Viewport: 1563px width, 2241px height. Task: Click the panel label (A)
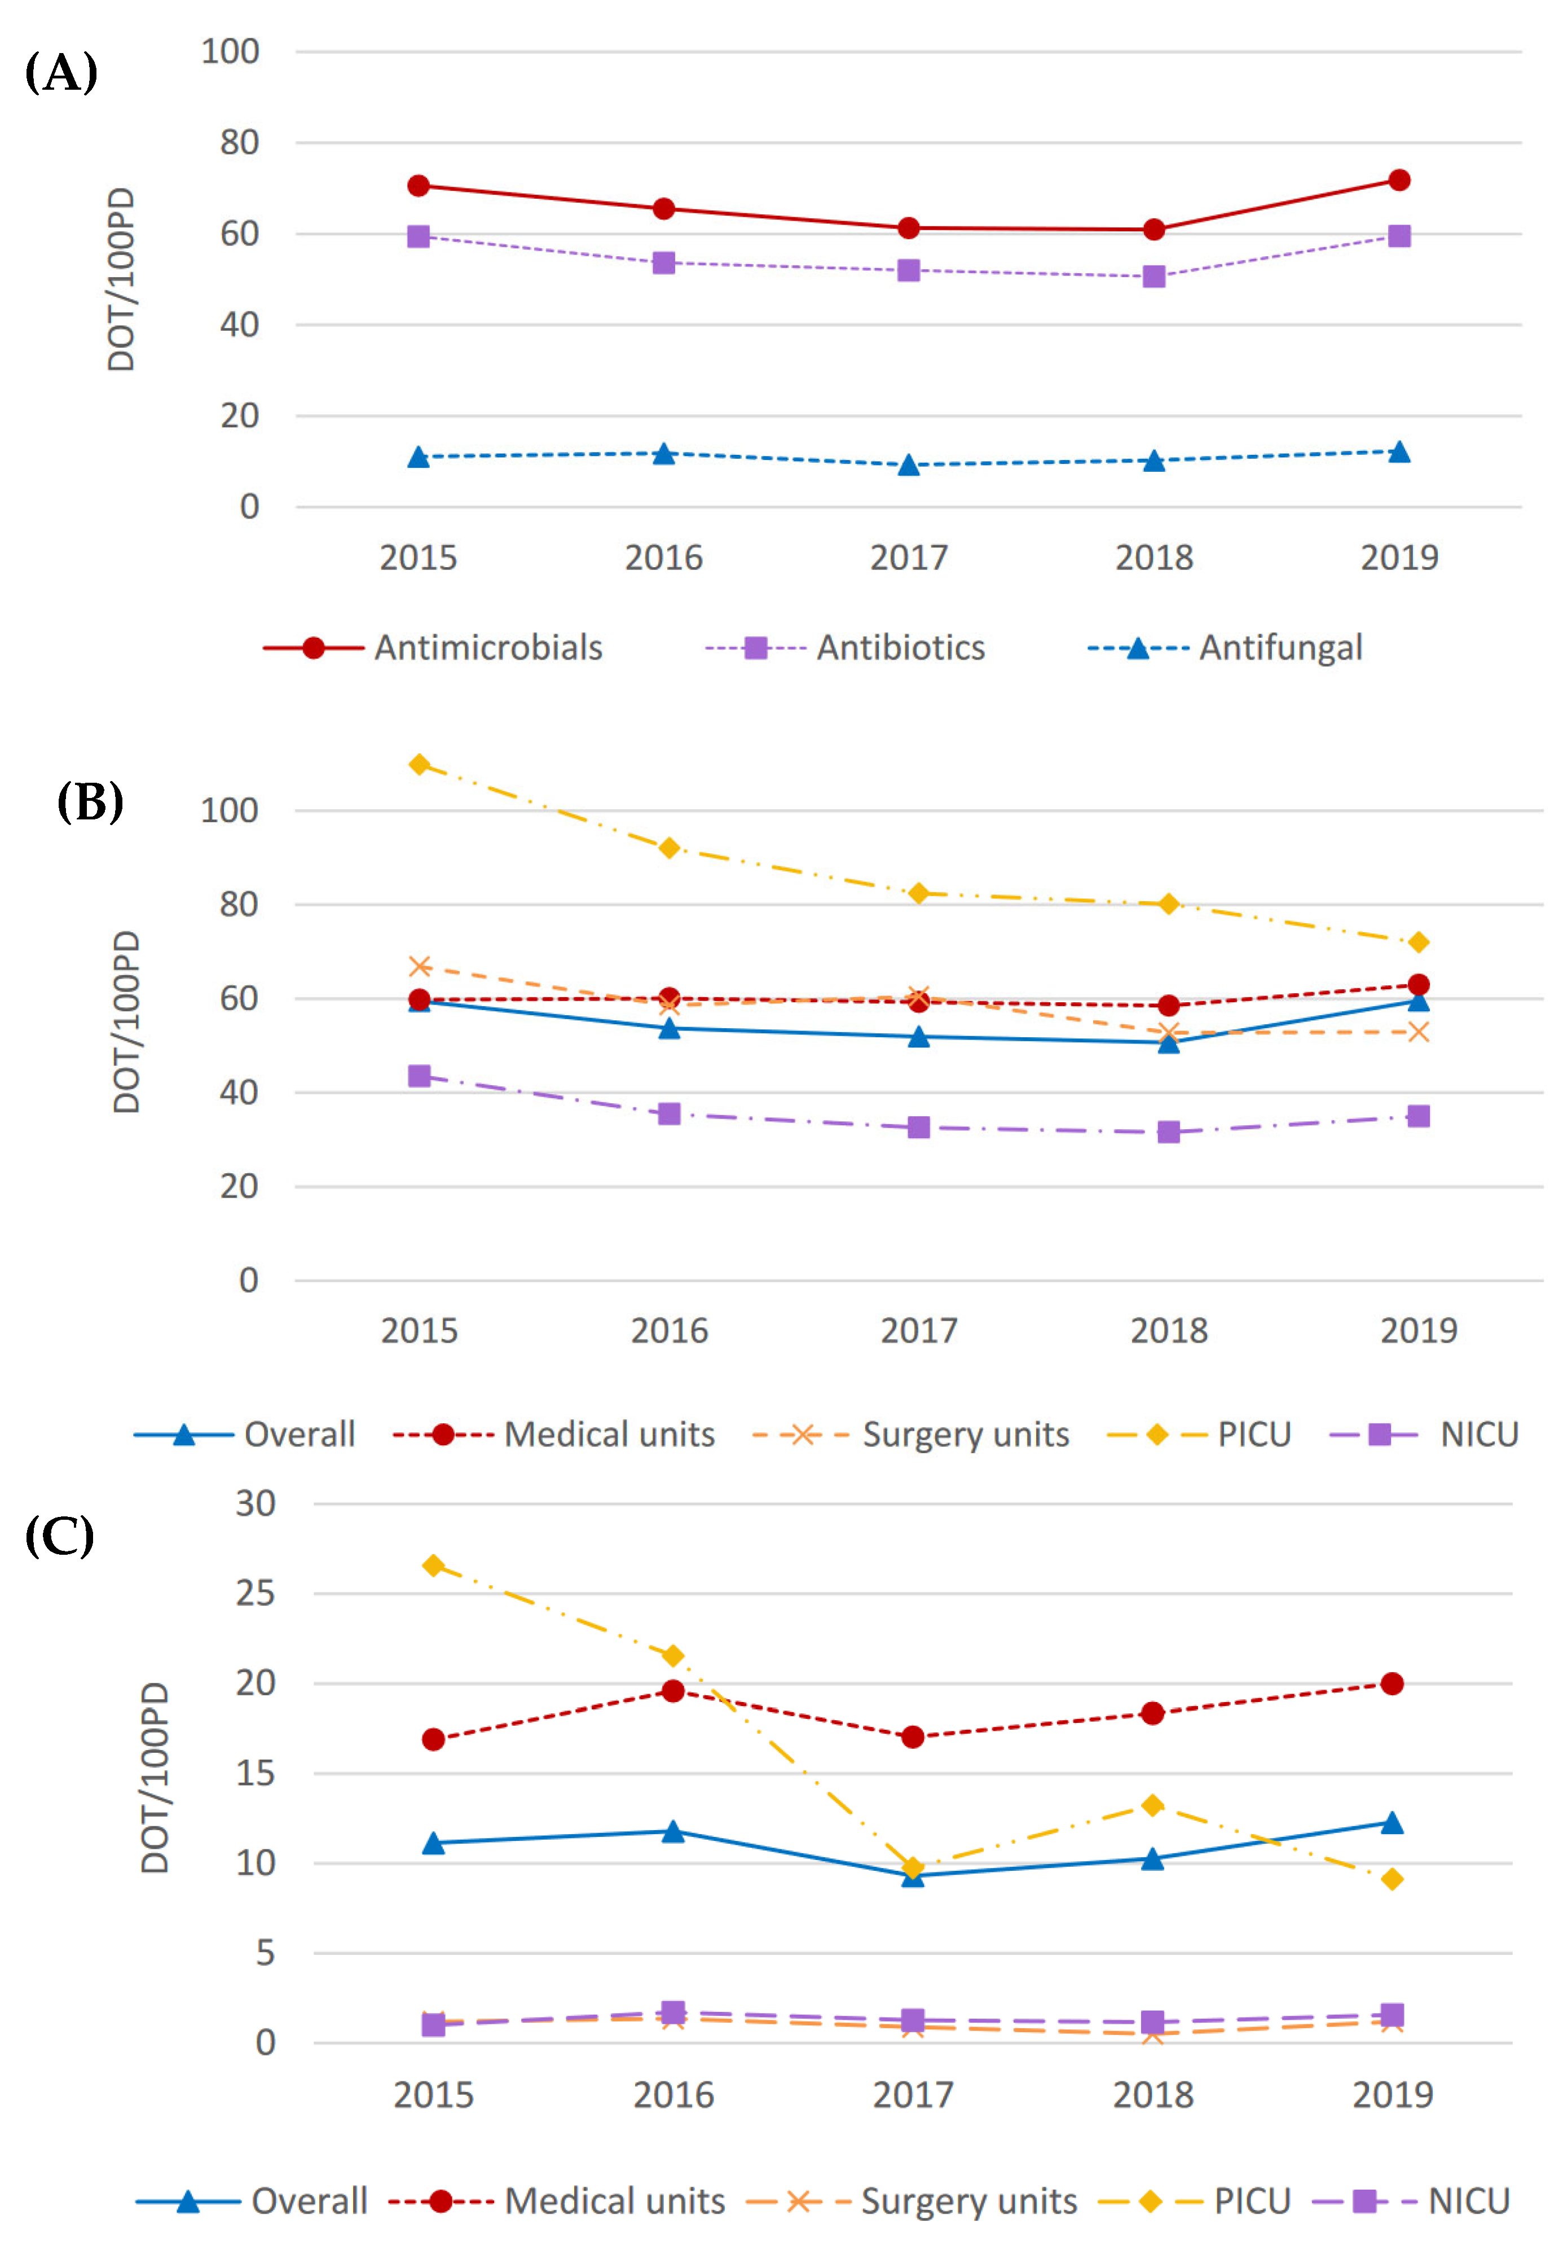(x=60, y=72)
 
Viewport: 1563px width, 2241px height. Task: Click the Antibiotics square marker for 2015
(x=419, y=236)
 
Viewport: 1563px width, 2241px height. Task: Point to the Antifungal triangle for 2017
(x=908, y=464)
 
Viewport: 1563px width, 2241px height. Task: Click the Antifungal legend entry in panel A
(x=1226, y=648)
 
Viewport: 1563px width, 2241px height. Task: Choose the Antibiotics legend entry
(x=845, y=648)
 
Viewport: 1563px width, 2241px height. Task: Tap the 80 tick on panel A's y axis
(x=239, y=143)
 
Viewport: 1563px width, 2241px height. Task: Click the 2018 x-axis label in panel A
(x=1153, y=558)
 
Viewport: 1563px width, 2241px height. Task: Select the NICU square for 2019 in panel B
(x=1419, y=1116)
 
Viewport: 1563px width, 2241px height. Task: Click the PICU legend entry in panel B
(x=1200, y=1434)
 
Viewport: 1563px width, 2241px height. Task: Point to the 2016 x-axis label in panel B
(x=670, y=1330)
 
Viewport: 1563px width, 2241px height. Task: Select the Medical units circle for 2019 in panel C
(x=1392, y=1683)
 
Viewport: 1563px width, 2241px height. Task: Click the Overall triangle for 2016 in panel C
(x=673, y=1832)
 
